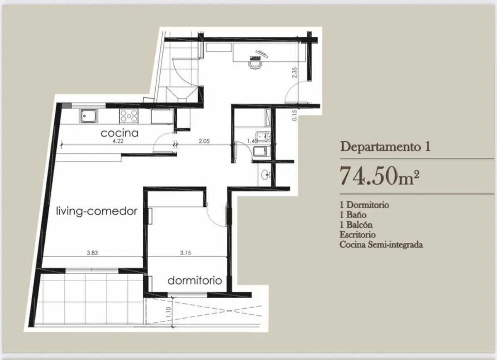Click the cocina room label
point(119,133)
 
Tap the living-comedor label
point(97,211)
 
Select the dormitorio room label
point(195,281)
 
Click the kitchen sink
point(88,116)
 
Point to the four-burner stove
point(129,116)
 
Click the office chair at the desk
point(255,65)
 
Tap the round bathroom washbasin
point(265,175)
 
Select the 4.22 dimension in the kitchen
point(118,141)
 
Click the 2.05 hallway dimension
point(204,141)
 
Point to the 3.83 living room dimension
point(92,253)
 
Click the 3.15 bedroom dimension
point(185,253)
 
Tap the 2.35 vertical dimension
point(294,72)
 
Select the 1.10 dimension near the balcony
point(168,312)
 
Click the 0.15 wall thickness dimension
point(294,116)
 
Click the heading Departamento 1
point(385,147)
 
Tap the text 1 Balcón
point(356,225)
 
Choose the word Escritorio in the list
point(357,234)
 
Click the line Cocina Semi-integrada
point(381,244)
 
